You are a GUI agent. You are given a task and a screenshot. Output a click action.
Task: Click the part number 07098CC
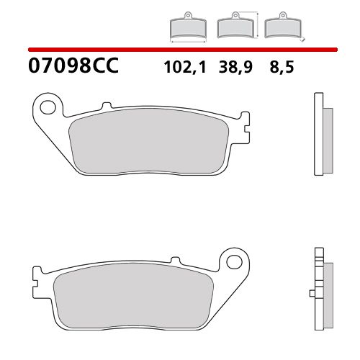[72, 68]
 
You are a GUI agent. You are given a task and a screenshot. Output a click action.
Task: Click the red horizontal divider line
[180, 50]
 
